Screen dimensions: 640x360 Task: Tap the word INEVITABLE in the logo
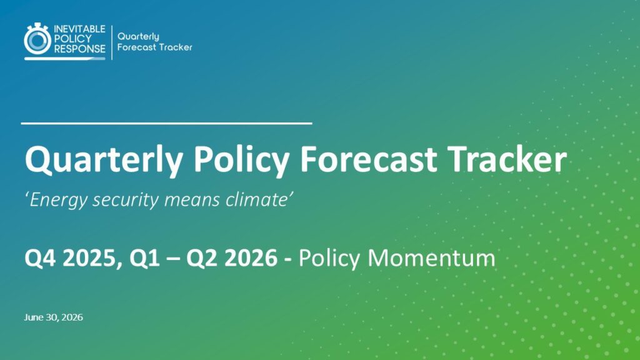[79, 29]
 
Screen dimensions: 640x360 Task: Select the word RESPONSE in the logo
[79, 49]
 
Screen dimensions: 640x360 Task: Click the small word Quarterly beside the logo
[138, 37]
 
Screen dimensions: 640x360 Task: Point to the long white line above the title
[166, 123]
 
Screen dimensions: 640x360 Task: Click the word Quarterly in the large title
[104, 160]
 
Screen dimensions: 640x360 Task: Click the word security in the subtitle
[126, 201]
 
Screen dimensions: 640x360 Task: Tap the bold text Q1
[144, 258]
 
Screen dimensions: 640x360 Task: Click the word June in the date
[34, 317]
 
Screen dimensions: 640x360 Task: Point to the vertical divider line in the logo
[112, 42]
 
